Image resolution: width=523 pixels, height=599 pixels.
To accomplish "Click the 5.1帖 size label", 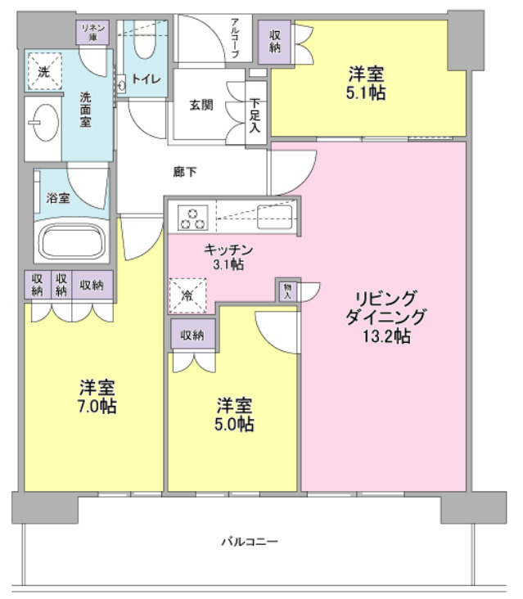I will click(x=365, y=92).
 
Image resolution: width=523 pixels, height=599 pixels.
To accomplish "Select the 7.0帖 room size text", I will click(x=97, y=405).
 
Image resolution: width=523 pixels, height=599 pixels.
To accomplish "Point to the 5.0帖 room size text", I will click(x=234, y=424).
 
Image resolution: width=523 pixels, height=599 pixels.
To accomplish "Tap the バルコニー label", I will click(x=250, y=542).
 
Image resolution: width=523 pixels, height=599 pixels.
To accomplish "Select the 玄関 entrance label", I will click(x=202, y=105).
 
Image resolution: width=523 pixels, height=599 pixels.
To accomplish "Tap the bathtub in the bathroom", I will click(x=73, y=243).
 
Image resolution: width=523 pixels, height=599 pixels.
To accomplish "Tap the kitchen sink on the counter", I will click(x=273, y=218).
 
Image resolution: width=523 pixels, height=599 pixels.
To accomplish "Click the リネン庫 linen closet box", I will click(x=88, y=33).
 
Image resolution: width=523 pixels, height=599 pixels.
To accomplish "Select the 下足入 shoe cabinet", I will click(x=256, y=115).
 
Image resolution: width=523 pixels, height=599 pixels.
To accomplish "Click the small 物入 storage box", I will click(x=288, y=291).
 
